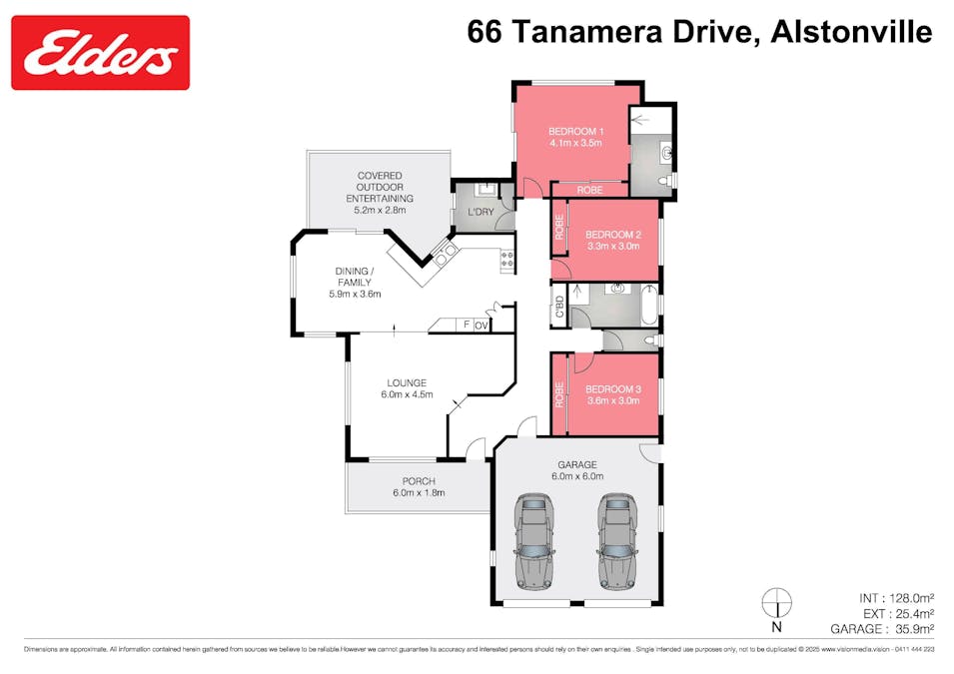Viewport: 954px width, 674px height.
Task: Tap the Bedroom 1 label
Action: point(575,132)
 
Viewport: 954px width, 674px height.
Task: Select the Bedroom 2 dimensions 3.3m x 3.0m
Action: point(612,246)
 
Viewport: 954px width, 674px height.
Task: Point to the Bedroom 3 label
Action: point(612,389)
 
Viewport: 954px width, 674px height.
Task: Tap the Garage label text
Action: point(576,464)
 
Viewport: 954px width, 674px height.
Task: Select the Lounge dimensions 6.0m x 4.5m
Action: point(407,395)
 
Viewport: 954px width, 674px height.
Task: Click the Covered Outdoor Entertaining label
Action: point(380,187)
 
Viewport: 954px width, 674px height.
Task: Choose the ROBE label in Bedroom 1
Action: point(589,190)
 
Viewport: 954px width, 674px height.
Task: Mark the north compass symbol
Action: point(776,604)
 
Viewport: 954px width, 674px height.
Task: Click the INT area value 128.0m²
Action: point(911,597)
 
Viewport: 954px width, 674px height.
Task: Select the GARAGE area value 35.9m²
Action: point(911,629)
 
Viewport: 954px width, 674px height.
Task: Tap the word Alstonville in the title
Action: point(851,32)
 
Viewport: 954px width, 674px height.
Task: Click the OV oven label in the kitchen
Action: point(480,325)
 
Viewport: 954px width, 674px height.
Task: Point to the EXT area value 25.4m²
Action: point(911,613)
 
